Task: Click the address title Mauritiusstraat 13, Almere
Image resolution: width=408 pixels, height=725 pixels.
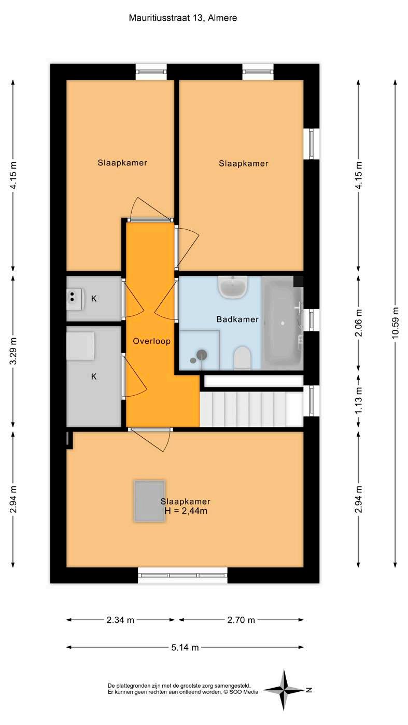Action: click(x=183, y=18)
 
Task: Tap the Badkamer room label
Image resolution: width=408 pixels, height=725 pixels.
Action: click(x=237, y=319)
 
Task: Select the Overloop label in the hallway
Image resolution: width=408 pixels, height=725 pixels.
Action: click(x=152, y=341)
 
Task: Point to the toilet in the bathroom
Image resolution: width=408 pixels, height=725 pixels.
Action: click(x=242, y=358)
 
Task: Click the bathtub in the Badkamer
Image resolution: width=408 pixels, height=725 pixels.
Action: click(x=283, y=323)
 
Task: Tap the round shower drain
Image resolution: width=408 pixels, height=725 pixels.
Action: click(x=202, y=355)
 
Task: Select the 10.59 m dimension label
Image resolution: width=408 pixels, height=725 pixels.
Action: click(x=395, y=323)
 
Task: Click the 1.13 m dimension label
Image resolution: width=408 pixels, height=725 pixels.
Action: click(x=358, y=401)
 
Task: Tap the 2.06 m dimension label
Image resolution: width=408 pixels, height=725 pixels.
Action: click(x=358, y=323)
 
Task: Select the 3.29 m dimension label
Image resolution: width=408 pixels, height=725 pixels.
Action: click(x=13, y=351)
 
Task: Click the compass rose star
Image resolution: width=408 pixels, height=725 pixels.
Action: click(x=284, y=690)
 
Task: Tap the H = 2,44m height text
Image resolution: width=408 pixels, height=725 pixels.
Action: click(x=186, y=511)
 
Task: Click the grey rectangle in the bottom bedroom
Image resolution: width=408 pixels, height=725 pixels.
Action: click(x=149, y=501)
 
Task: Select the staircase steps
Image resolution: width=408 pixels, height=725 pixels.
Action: click(x=251, y=409)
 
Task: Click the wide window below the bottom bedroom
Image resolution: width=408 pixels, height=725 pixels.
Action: click(x=182, y=575)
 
